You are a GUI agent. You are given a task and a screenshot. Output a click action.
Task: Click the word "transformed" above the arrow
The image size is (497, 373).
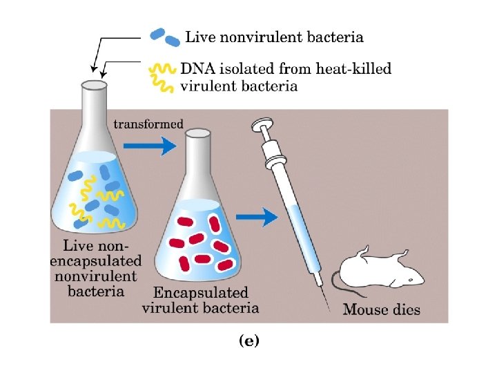pyautogui.click(x=148, y=124)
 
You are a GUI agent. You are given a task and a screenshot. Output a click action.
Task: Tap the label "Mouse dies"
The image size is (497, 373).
pyautogui.click(x=382, y=309)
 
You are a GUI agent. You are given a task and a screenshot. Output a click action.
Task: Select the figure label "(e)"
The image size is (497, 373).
pyautogui.click(x=248, y=341)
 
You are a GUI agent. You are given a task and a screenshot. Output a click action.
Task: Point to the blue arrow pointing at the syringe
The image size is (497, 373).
pyautogui.click(x=261, y=217)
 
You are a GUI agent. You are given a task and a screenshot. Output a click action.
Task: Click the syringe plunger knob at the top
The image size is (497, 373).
pyautogui.click(x=261, y=126)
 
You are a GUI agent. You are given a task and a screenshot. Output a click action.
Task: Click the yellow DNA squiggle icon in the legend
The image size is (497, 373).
pyautogui.click(x=163, y=77)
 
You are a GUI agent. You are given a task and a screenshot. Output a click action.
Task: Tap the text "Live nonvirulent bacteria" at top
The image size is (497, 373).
pyautogui.click(x=274, y=37)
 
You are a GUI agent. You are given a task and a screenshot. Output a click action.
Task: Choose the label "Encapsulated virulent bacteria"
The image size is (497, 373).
pyautogui.click(x=201, y=300)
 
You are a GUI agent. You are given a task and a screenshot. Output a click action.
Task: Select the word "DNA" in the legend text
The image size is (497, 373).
pyautogui.click(x=197, y=68)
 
